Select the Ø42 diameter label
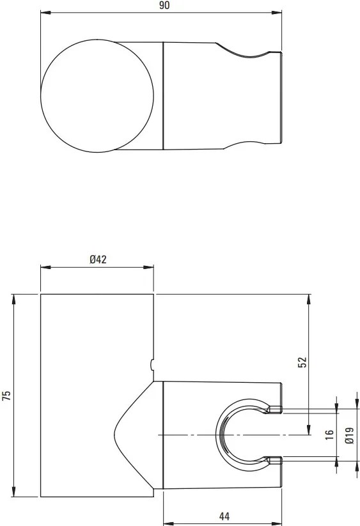[97, 259]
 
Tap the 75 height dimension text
[7, 396]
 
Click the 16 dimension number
[329, 434]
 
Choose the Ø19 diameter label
[348, 434]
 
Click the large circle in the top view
[97, 97]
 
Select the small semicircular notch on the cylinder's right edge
[152, 365]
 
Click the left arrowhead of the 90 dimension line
[44, 12]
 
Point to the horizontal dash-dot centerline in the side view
[192, 435]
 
